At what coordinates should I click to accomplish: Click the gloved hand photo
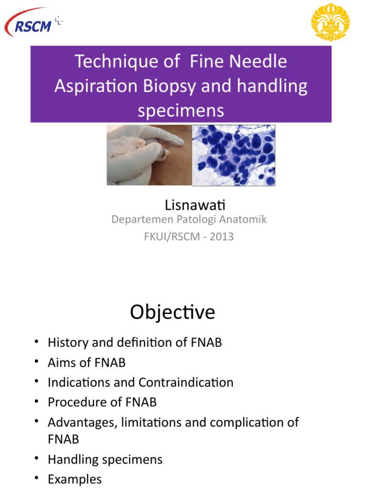coord(149,155)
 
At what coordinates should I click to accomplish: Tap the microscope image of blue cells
coord(234,155)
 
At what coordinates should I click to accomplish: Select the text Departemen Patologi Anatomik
coord(189,220)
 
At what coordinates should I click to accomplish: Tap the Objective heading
coord(173,313)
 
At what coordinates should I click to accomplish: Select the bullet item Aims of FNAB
coord(86,363)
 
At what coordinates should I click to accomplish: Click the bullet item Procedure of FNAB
coord(102,402)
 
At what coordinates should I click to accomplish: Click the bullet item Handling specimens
coord(105,459)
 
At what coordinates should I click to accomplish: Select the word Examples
coord(75,479)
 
